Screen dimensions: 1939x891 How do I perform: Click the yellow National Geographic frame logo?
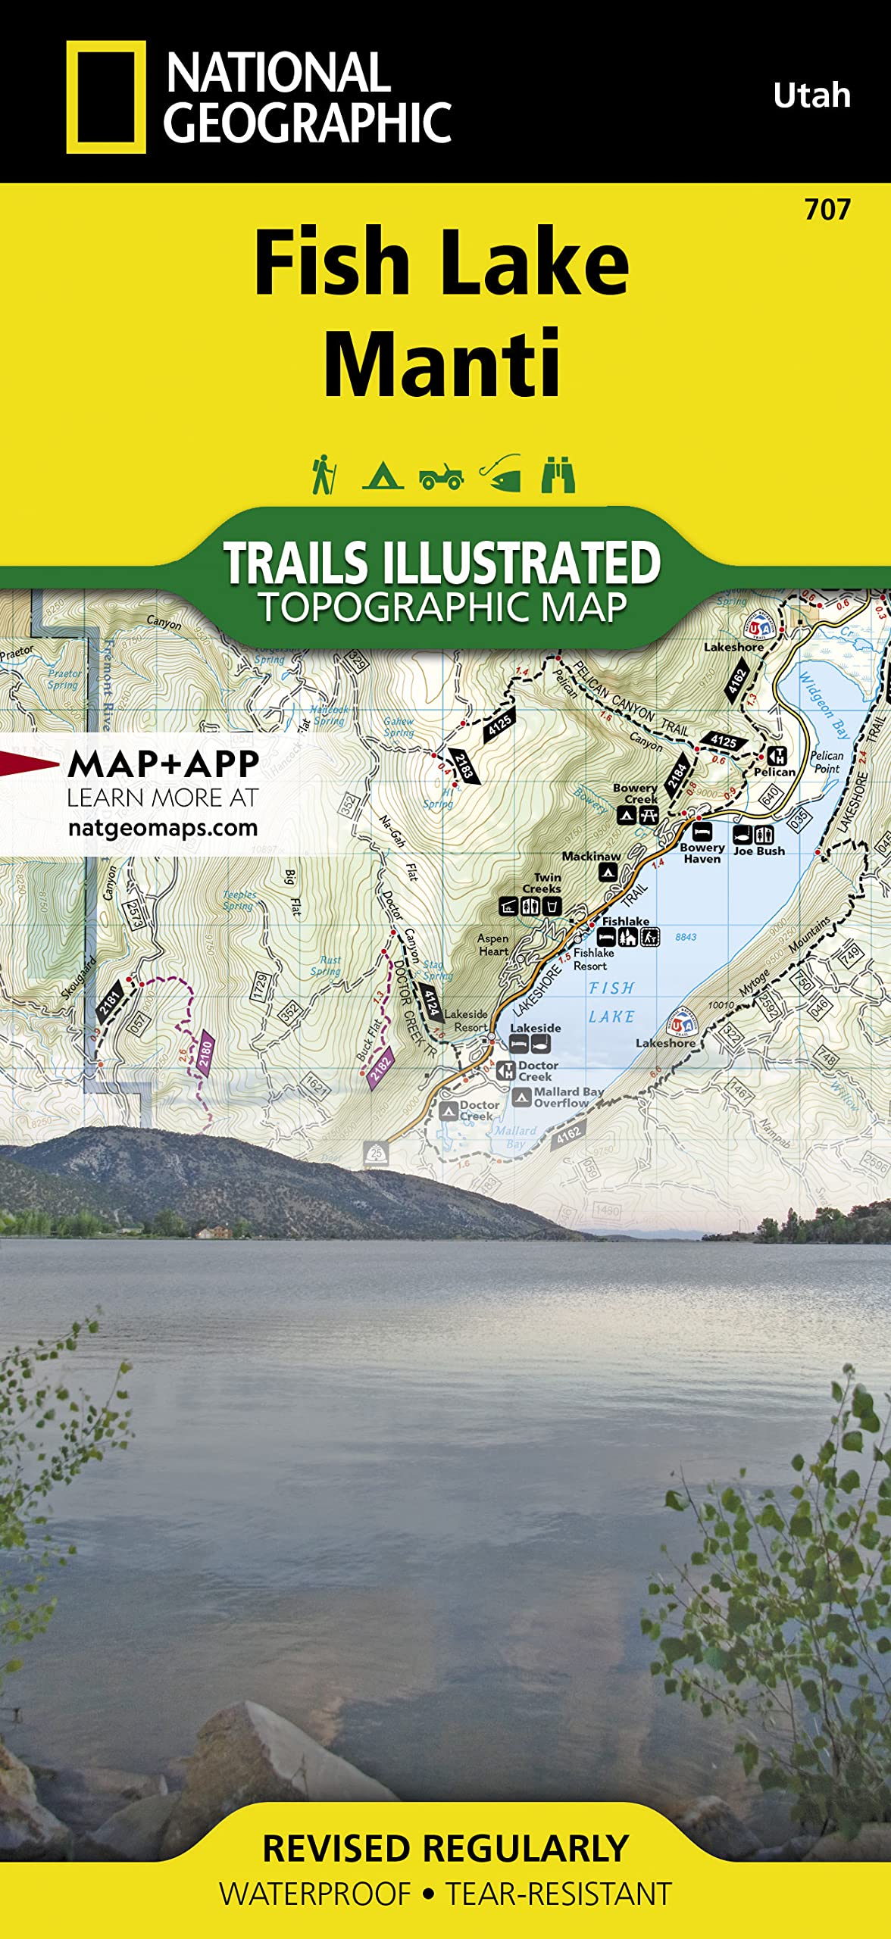(x=105, y=97)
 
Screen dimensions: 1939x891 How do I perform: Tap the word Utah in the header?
(x=811, y=96)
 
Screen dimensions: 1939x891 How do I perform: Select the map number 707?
(x=827, y=210)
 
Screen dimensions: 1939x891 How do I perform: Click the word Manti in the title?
(x=442, y=364)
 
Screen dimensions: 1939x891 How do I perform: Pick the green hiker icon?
(x=324, y=475)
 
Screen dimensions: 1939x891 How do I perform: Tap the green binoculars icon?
(x=558, y=475)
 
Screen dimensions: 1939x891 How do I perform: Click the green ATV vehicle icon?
(x=441, y=476)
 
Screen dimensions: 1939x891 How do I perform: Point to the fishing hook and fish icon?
(x=501, y=474)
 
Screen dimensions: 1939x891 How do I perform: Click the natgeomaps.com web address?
(x=163, y=828)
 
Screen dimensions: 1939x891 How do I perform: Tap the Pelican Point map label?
(x=827, y=761)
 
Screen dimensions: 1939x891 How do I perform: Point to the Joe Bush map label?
(x=758, y=851)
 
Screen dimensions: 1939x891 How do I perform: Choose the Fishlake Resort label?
(x=593, y=959)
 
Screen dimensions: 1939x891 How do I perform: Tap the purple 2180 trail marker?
(x=205, y=1052)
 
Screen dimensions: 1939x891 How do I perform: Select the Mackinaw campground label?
(x=591, y=857)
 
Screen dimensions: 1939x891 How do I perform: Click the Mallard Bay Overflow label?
(x=568, y=1097)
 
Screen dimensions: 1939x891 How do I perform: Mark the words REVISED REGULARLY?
(x=445, y=1849)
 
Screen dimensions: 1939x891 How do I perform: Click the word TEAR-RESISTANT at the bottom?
(x=558, y=1894)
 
